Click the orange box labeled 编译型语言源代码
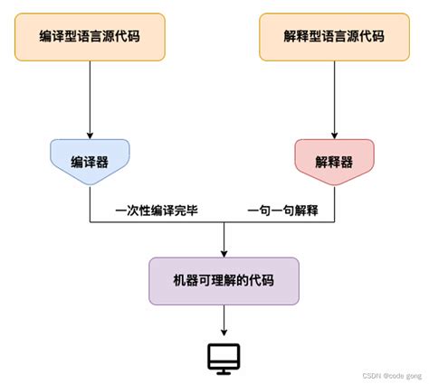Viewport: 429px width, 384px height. [x=90, y=36]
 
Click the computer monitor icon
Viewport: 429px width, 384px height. [x=224, y=358]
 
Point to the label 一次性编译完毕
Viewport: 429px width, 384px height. [x=157, y=211]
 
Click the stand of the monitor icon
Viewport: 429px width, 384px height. [x=224, y=369]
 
